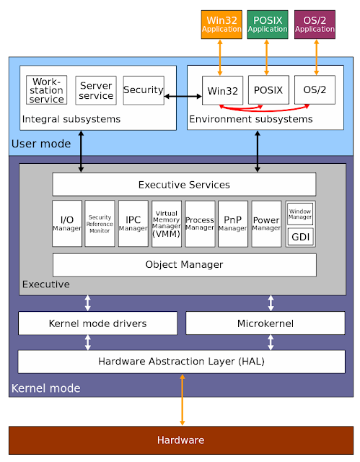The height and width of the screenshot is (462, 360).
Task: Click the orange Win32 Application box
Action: pyautogui.click(x=221, y=25)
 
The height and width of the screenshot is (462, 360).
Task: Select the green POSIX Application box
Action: pyautogui.click(x=268, y=25)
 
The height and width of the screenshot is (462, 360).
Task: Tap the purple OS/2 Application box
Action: pyautogui.click(x=315, y=25)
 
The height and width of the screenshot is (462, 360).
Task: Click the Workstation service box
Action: pyautogui.click(x=47, y=90)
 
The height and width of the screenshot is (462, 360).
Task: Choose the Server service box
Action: pyautogui.click(x=96, y=90)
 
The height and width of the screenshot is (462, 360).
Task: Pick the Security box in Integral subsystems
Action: pyautogui.click(x=144, y=90)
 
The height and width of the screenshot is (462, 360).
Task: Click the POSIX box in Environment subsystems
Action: pyautogui.click(x=268, y=90)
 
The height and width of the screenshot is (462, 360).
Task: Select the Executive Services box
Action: pyautogui.click(x=184, y=185)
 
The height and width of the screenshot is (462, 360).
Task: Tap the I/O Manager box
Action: pyautogui.click(x=67, y=224)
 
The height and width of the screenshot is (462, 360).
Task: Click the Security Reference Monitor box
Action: pyautogui.click(x=100, y=224)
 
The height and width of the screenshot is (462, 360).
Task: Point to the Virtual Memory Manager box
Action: pyautogui.click(x=167, y=224)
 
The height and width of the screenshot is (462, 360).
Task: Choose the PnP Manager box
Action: pyautogui.click(x=233, y=224)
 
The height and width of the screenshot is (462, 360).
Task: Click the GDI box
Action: pyautogui.click(x=300, y=237)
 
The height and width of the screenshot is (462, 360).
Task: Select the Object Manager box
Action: pyautogui.click(x=184, y=265)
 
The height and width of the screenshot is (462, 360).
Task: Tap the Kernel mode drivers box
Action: pyautogui.click(x=97, y=323)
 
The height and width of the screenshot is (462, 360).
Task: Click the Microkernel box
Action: pyautogui.click(x=265, y=323)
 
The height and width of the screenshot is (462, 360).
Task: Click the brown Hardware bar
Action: pyautogui.click(x=180, y=440)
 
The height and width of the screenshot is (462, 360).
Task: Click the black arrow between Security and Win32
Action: pyautogui.click(x=181, y=95)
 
